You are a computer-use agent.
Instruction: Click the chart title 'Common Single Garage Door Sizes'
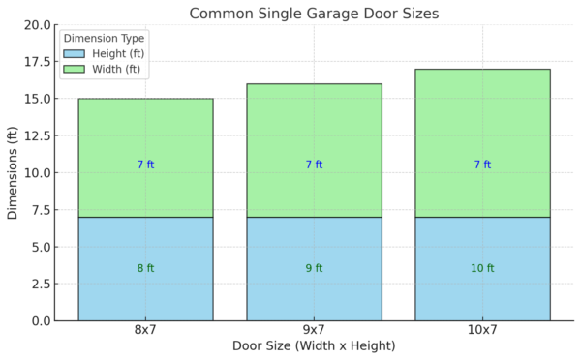click(314, 14)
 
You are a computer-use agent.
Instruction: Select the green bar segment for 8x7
click(145, 135)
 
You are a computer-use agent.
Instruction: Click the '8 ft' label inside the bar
click(145, 268)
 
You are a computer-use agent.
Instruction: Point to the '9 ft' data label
click(314, 268)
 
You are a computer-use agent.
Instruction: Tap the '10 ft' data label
click(482, 268)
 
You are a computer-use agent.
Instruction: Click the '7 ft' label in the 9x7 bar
click(314, 165)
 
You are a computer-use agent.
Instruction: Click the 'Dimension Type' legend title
click(104, 39)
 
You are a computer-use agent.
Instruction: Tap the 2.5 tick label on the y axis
click(40, 284)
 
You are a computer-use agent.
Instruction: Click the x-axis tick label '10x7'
click(482, 331)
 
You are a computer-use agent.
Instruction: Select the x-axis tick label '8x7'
click(145, 331)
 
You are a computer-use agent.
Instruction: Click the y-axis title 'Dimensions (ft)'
click(13, 172)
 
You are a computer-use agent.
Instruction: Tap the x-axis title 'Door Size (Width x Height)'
click(314, 346)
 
